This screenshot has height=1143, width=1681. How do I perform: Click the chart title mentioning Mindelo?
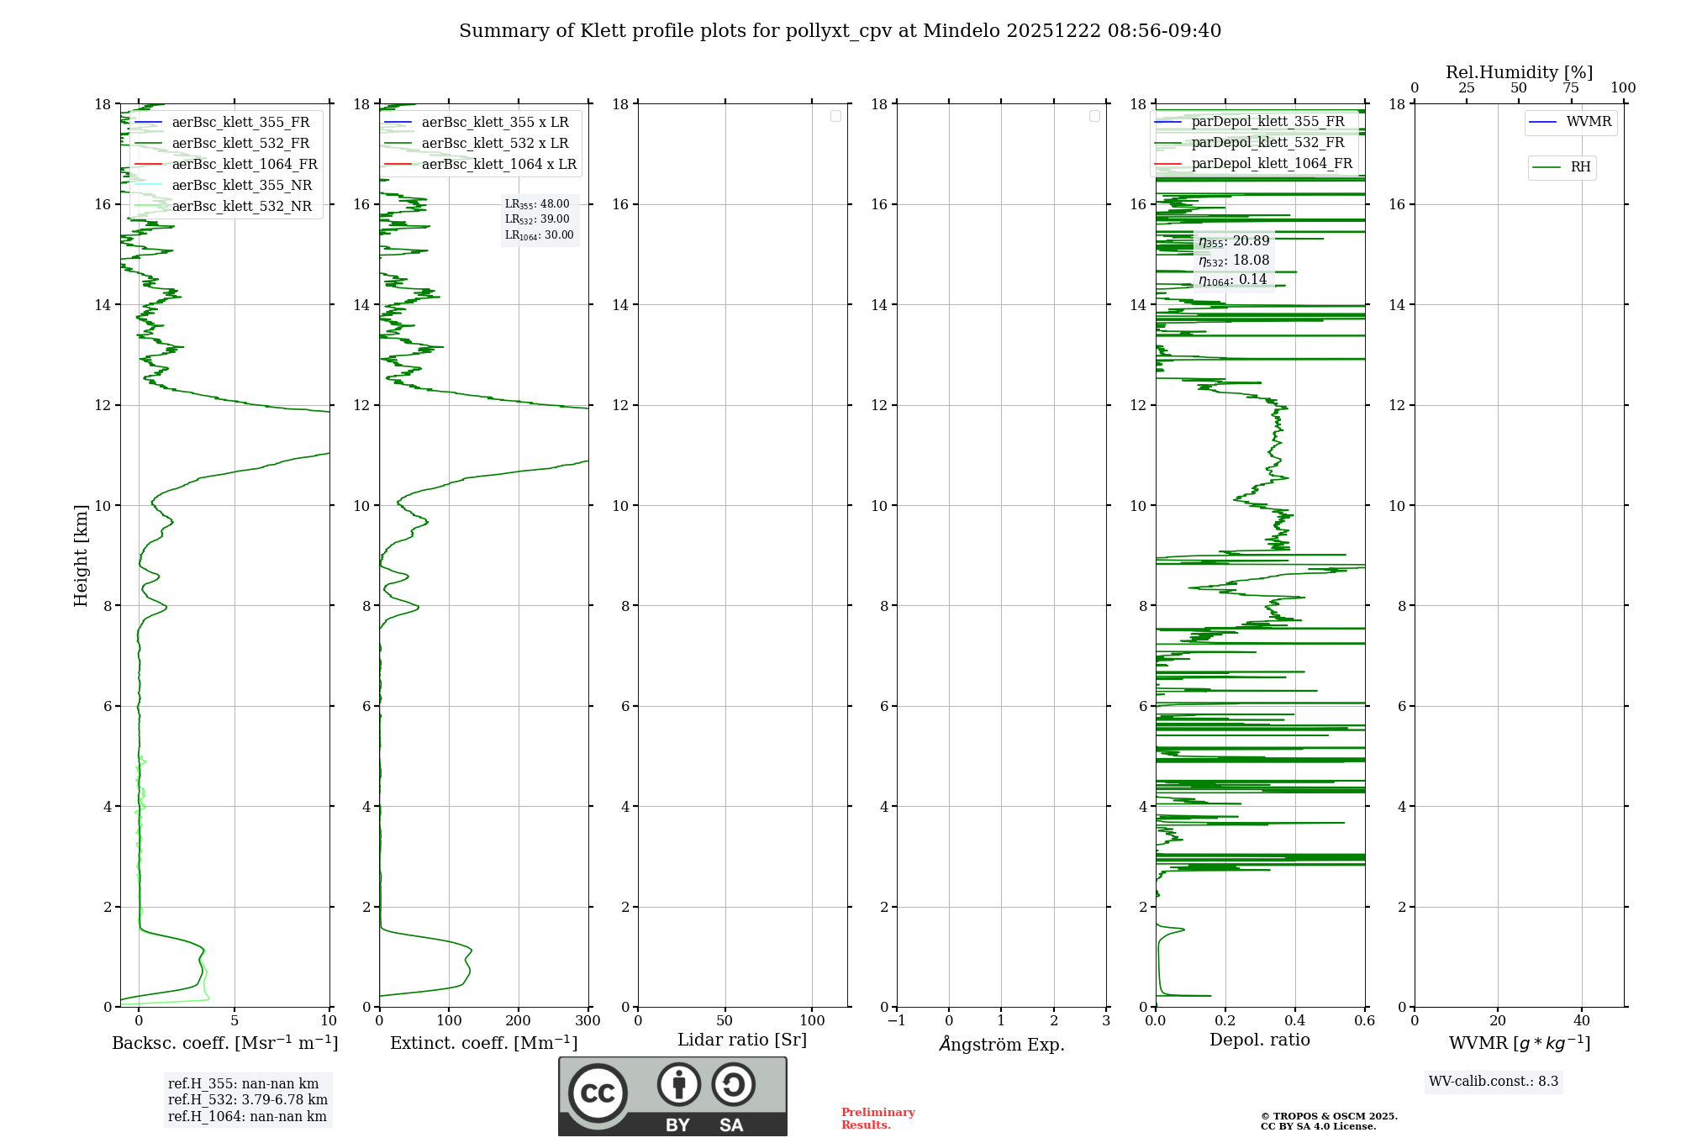pos(840,31)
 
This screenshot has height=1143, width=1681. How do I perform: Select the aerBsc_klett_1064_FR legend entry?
pos(244,164)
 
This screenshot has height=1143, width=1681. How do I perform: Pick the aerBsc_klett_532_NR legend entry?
pos(241,206)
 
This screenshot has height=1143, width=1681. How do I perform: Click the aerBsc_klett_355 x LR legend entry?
pos(494,122)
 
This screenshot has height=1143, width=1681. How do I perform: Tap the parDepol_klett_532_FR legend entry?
pos(1267,142)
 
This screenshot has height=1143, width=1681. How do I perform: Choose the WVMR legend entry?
pos(1589,122)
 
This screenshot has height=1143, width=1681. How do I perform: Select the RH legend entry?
pos(1580,167)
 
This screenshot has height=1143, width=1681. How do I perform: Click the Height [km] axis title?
pos(81,555)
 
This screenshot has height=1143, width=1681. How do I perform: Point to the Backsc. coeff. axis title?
pos(224,1043)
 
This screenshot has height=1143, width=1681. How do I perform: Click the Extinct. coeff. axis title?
pos(483,1043)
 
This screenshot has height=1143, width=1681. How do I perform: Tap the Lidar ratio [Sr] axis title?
pos(741,1040)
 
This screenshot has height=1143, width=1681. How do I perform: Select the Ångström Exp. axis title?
pos(1001,1044)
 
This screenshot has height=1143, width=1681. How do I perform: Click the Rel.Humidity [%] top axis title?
pos(1519,72)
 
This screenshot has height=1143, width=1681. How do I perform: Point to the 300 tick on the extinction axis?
pos(588,1021)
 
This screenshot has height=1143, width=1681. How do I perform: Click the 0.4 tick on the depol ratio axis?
pos(1295,1021)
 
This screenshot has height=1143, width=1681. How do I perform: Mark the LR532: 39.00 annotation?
pos(537,219)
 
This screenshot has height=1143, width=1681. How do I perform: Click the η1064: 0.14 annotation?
pos(1232,280)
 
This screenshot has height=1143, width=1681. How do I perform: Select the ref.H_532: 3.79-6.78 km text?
pos(248,1099)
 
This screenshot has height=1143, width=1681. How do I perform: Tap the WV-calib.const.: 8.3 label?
pos(1493,1081)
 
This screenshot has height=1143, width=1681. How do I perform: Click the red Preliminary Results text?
pos(877,1118)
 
